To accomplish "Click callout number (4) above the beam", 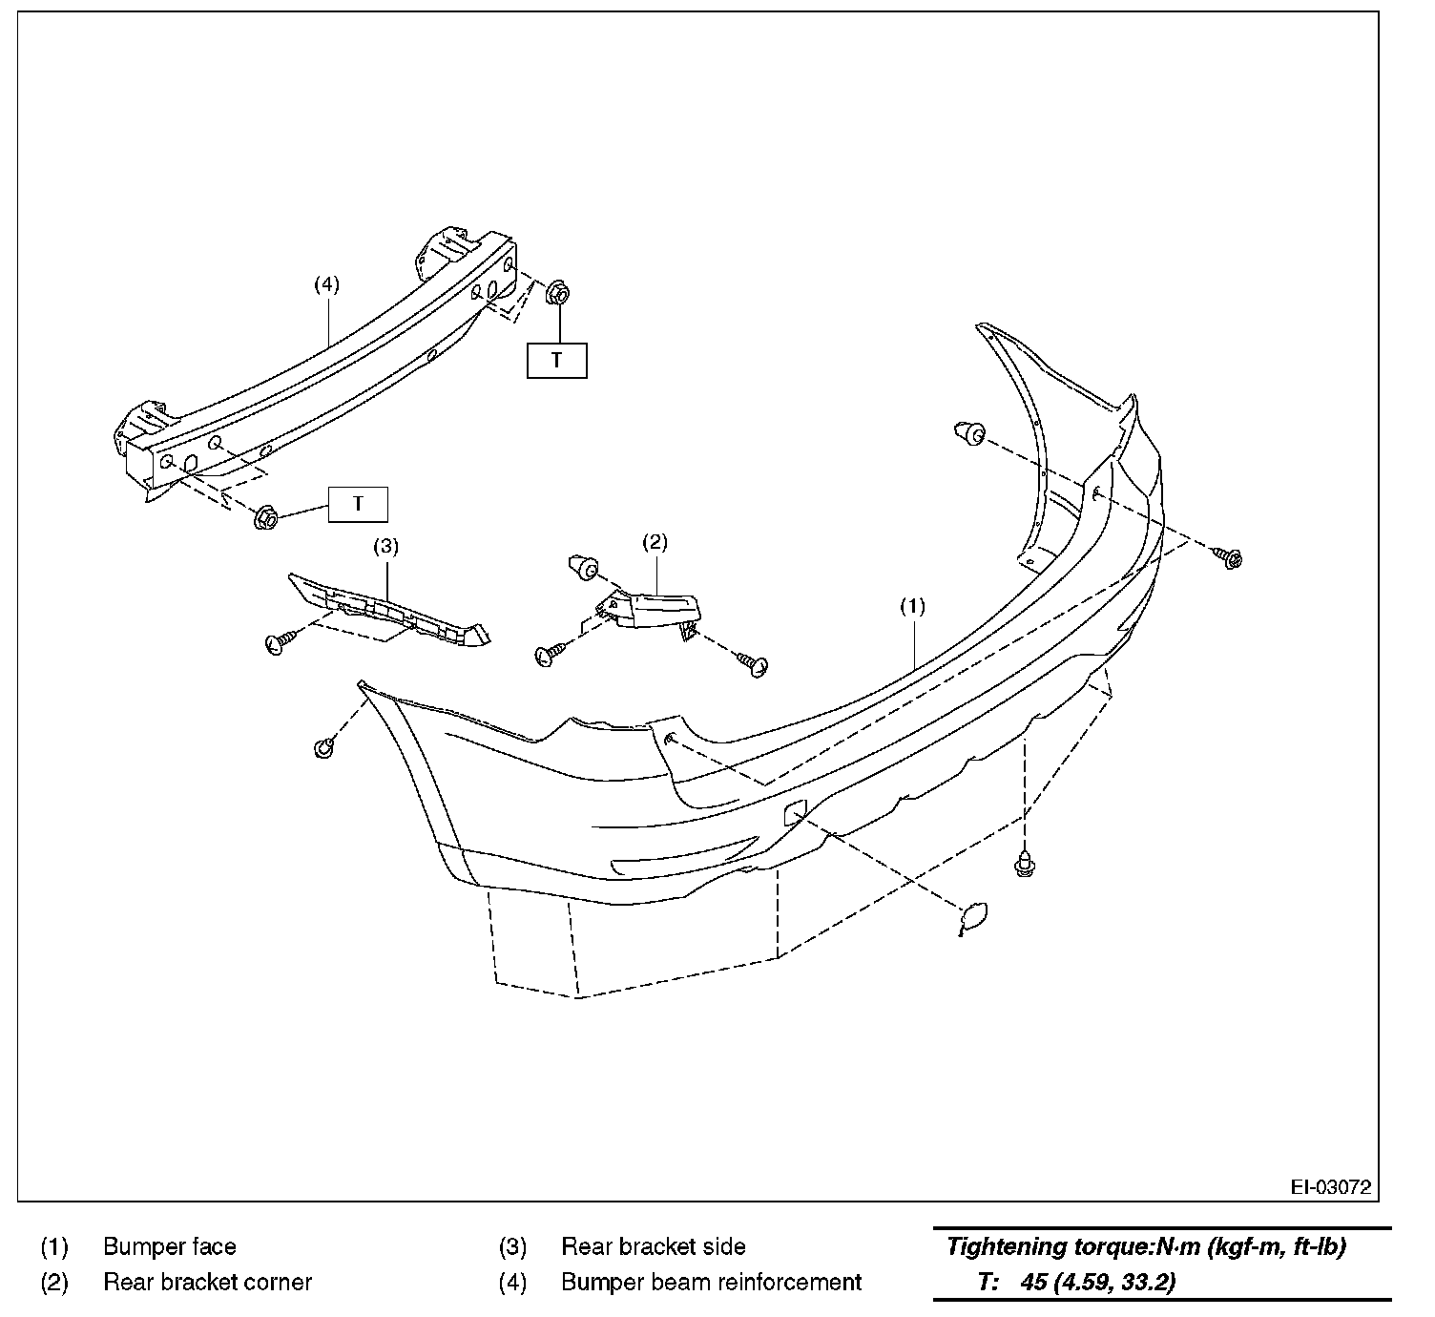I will click(x=326, y=283).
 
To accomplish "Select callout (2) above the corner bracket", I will click(x=655, y=543).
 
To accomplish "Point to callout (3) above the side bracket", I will click(x=385, y=546).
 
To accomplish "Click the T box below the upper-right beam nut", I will click(x=556, y=361).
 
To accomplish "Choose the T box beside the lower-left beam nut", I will click(x=358, y=504).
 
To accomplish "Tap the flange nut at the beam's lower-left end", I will click(x=266, y=518).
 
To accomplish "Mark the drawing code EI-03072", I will click(x=1330, y=1188).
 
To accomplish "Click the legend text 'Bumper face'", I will click(x=169, y=1246).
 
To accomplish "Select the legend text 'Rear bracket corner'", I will click(x=207, y=1282).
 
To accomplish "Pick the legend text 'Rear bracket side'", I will click(x=653, y=1246).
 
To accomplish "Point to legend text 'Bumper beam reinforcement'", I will click(x=711, y=1282).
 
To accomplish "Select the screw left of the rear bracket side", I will click(x=278, y=643).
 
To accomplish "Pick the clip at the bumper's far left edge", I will click(x=324, y=747).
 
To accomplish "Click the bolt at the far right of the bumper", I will click(x=1230, y=557).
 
